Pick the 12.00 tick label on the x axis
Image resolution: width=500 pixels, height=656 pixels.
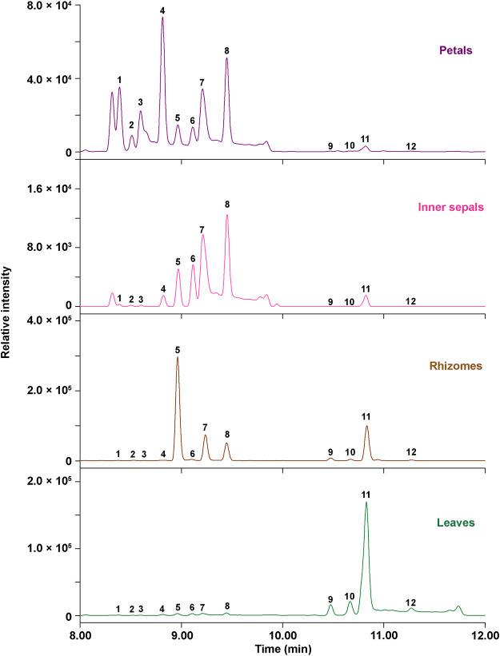484,634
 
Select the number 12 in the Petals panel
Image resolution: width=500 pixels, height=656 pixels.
410,146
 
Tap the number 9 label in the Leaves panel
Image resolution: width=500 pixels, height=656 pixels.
330,598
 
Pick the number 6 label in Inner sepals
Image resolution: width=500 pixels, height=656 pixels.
193,259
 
